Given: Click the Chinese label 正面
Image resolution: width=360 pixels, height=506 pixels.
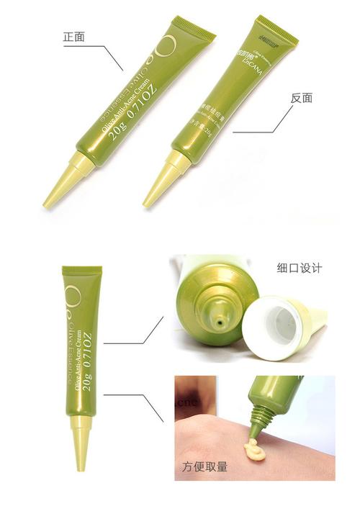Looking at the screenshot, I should [x=74, y=35].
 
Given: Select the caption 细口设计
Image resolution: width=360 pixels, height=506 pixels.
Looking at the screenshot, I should [x=298, y=268].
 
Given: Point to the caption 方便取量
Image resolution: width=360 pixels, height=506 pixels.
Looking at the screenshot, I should [x=203, y=466].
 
